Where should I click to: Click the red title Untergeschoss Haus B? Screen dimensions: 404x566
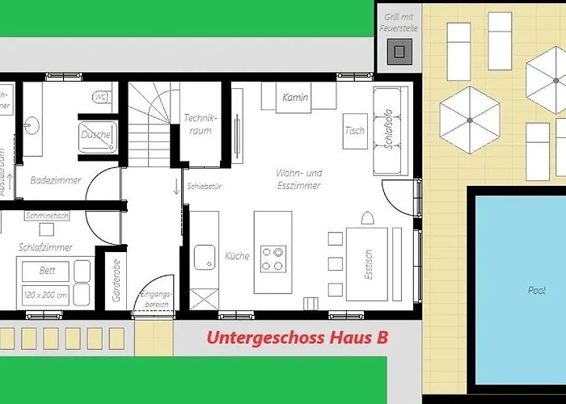[297, 339]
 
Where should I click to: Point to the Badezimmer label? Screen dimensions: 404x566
[56, 181]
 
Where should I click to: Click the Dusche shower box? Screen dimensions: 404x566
[97, 135]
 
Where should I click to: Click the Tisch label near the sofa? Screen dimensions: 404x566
[354, 131]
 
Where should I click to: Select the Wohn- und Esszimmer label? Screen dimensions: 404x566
[298, 179]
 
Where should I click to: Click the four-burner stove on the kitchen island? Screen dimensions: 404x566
[273, 257]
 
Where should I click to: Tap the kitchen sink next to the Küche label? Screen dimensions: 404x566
[204, 258]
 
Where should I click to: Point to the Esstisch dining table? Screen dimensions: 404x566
[369, 263]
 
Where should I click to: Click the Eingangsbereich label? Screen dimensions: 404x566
[157, 299]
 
